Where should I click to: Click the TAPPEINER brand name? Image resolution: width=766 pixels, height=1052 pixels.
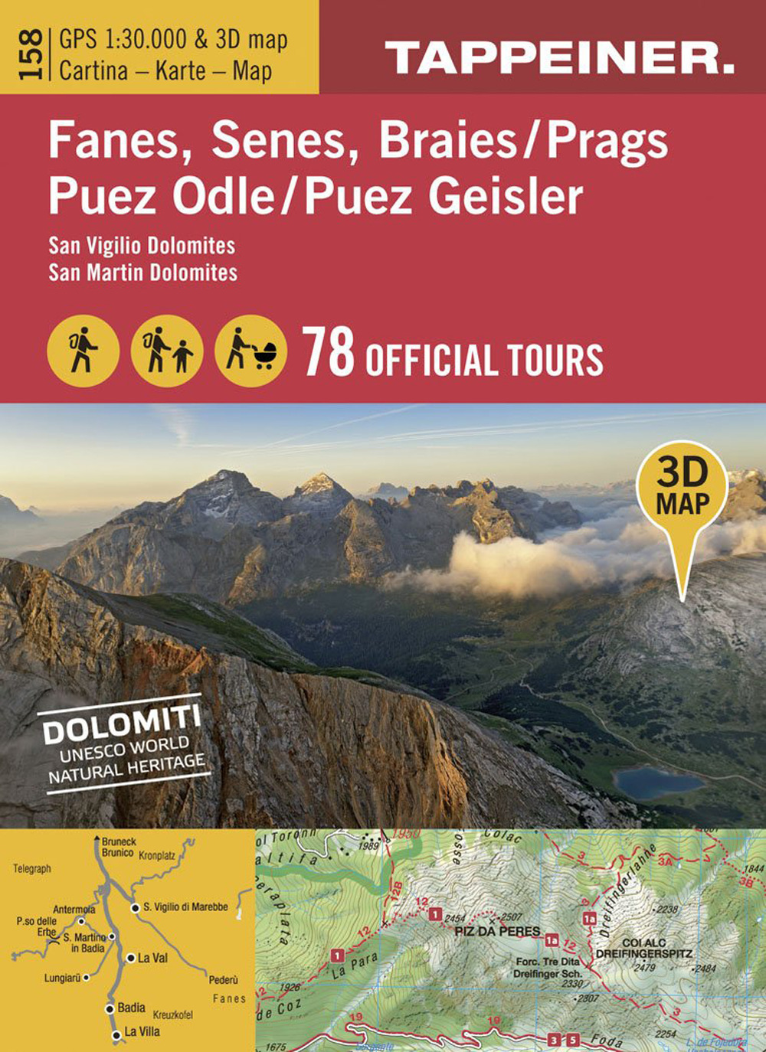click(x=559, y=58)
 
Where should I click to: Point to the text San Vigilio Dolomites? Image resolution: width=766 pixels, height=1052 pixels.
click(x=142, y=246)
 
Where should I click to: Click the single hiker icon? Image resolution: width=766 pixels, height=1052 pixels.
click(x=83, y=351)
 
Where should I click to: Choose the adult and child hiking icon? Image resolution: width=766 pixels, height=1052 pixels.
click(x=167, y=351)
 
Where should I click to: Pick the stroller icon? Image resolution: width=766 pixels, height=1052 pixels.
click(x=250, y=351)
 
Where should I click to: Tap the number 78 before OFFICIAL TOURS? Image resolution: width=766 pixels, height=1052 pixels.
click(x=329, y=353)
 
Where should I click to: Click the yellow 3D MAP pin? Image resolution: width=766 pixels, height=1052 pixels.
click(x=682, y=490)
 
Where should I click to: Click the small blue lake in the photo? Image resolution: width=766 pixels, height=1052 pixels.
click(x=657, y=782)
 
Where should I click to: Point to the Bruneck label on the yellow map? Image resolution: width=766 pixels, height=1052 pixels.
click(x=119, y=841)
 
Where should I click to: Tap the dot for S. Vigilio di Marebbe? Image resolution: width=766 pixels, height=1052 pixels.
click(x=135, y=907)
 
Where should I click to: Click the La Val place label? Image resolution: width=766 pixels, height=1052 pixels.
click(x=152, y=958)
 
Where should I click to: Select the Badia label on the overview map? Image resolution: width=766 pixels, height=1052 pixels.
click(x=131, y=1008)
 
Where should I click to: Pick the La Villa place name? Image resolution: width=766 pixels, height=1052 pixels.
click(x=142, y=1031)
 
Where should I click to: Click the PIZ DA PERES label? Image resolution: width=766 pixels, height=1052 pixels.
click(x=497, y=931)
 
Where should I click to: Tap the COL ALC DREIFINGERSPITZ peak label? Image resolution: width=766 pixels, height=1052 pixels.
click(x=643, y=949)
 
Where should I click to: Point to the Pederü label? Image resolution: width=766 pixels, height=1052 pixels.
click(x=223, y=979)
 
